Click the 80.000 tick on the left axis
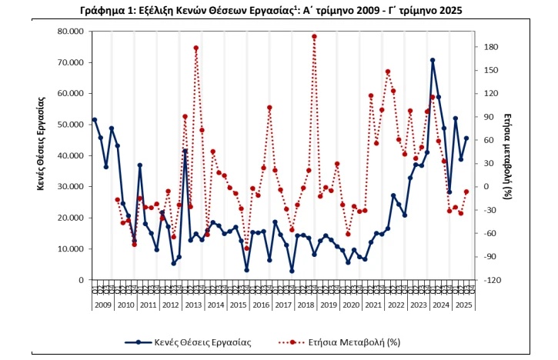click(x=67, y=32)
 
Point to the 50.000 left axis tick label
click(x=67, y=125)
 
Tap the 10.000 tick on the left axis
click(x=67, y=248)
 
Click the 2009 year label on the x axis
click(x=103, y=305)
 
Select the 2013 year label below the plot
click(x=193, y=305)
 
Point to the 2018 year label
click(x=306, y=305)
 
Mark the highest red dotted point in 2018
click(x=314, y=36)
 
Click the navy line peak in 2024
click(x=433, y=60)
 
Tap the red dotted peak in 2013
click(x=196, y=48)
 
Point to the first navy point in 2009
click(x=95, y=120)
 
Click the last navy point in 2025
click(x=466, y=138)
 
